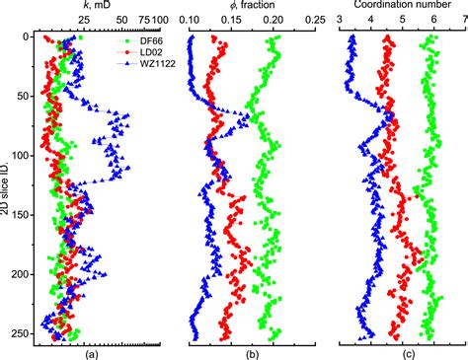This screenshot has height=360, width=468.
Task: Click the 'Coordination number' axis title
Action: [400, 5]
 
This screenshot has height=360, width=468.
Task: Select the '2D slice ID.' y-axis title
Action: [8, 182]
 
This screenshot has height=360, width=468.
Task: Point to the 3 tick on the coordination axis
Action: [341, 19]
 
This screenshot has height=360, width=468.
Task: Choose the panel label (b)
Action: [252, 351]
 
